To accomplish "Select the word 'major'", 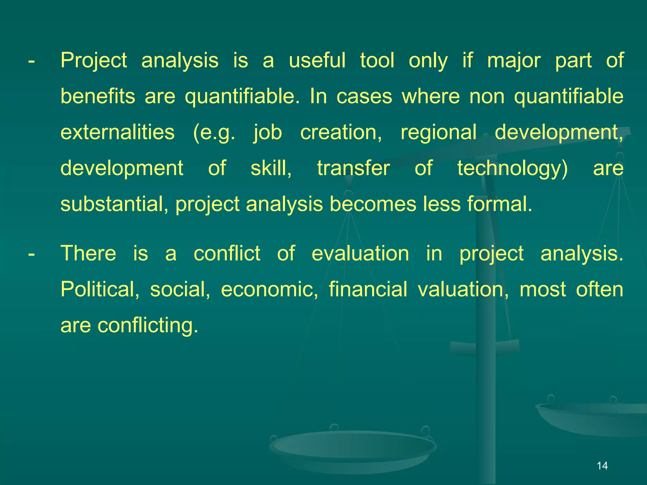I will [514, 61].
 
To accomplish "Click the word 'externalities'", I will [118, 132].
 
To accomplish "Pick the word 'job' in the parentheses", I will [268, 133].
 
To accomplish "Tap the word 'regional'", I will [438, 133].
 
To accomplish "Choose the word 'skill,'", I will [271, 168].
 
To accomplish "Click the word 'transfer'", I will [354, 168].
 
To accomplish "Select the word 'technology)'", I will [512, 169].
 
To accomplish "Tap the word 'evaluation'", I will [360, 253].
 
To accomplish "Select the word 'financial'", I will [368, 289].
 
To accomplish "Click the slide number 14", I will [602, 465].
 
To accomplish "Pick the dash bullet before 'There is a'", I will [31, 254].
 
